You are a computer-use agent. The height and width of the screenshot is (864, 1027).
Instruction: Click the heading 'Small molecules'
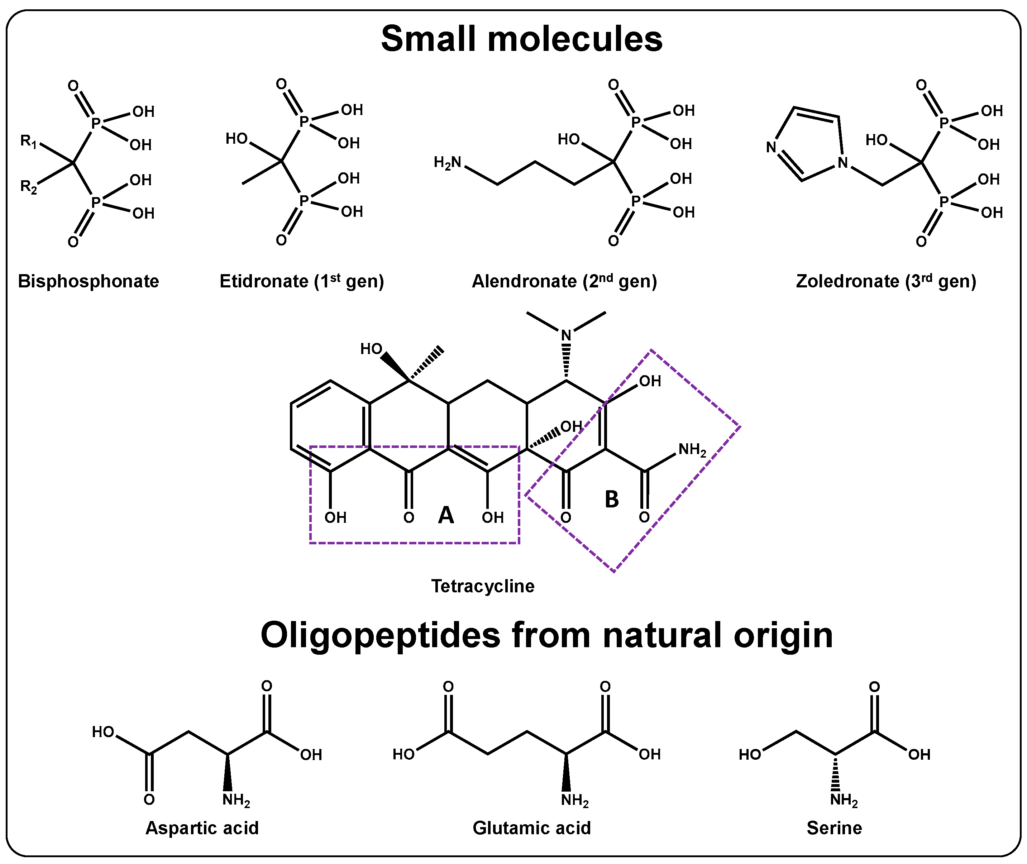pos(522,39)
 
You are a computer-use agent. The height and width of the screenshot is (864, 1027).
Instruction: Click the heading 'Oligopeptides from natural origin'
pos(546,635)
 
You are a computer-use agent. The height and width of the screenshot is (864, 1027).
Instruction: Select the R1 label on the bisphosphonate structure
pos(28,142)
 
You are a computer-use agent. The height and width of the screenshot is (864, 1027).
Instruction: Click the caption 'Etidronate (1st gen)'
pos(302,282)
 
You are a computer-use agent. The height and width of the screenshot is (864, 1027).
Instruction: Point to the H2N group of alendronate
pos(447,163)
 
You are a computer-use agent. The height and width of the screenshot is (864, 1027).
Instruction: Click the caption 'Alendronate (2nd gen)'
pos(564,282)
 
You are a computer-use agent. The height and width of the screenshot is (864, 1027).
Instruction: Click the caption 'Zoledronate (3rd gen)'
pos(886,282)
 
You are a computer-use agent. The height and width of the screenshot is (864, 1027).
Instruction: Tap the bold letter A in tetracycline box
pos(446,515)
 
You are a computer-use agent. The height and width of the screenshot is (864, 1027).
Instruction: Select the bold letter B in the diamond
pos(612,500)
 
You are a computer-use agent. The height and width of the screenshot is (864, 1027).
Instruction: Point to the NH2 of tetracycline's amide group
pos(692,450)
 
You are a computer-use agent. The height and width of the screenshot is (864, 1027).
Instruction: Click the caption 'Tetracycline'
pos(482,586)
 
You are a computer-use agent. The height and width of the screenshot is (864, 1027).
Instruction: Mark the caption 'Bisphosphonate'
pos(88,282)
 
